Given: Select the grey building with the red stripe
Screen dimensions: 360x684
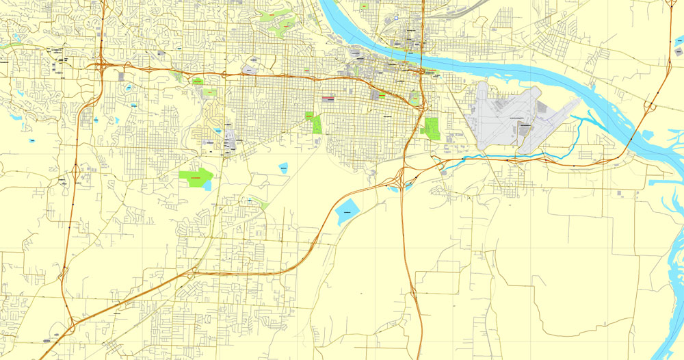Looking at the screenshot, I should pos(329,98).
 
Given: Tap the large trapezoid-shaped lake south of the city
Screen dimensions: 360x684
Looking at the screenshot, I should pos(347,213).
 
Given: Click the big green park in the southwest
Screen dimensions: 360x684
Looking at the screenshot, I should pos(196,179).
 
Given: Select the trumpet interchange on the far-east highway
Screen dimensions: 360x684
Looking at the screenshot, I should pos(650,106).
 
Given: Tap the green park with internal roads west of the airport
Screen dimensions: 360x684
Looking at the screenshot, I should pos(430,128).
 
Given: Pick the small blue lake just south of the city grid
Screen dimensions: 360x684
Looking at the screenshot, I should pos(283,167).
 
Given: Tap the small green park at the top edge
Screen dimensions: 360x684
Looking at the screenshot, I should pos(363,5).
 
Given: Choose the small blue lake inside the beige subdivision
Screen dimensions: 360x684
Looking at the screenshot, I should pos(218,129).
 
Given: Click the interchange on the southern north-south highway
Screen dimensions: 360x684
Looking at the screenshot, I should pos(413,294).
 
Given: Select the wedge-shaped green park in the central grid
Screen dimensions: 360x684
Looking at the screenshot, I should pos(315,123).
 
